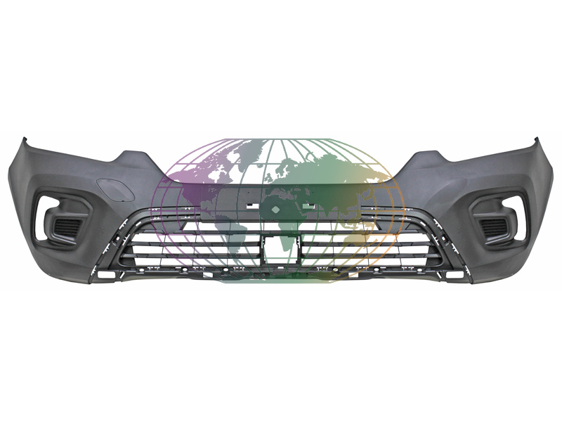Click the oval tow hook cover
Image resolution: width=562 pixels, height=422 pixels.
pyautogui.click(x=110, y=187)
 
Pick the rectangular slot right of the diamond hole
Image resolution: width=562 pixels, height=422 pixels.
pyautogui.click(x=308, y=205)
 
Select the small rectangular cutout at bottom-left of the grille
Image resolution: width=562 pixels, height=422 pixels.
pyautogui.click(x=105, y=274)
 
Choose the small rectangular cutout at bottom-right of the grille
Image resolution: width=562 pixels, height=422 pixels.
pyautogui.click(x=455, y=274)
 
